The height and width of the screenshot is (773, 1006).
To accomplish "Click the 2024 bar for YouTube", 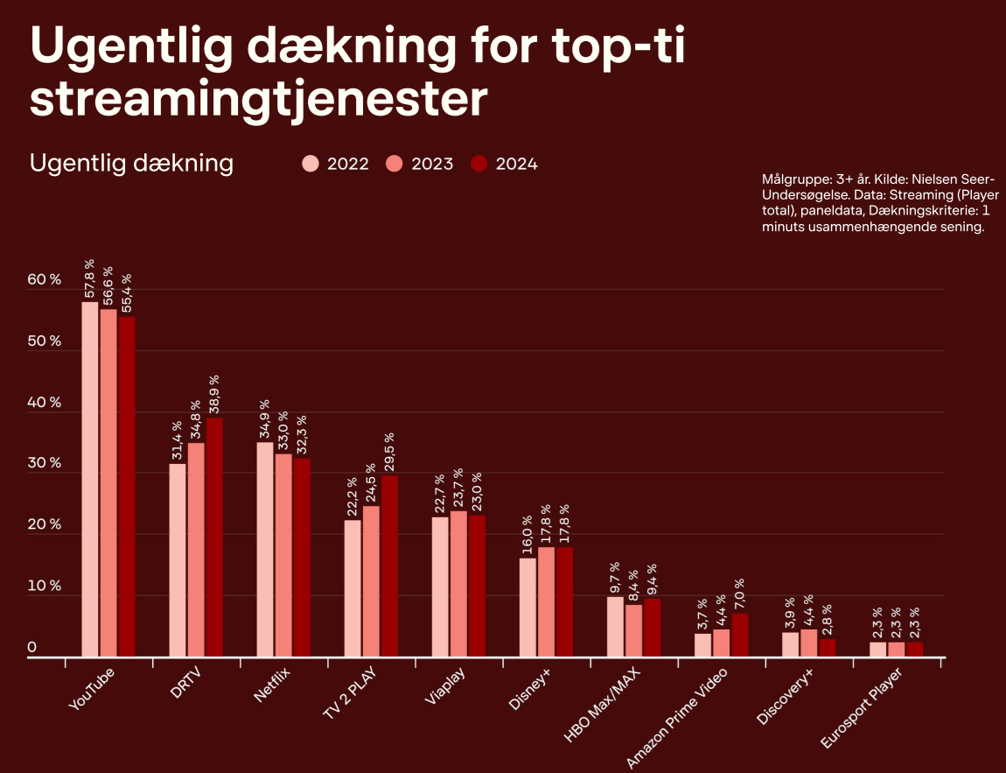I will tap(127, 486).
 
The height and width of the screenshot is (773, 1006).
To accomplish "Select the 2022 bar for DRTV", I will tap(178, 559).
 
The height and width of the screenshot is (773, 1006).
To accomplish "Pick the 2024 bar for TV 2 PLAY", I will tap(389, 566).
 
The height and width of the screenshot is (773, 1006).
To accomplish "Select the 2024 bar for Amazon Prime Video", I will tap(740, 635).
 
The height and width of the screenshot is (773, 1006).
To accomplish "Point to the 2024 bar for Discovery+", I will tap(828, 648).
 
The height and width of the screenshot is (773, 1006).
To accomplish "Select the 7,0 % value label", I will tap(740, 594).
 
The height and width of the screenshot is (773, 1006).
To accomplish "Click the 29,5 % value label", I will tap(389, 453).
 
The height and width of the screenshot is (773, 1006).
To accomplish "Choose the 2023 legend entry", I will tap(419, 164).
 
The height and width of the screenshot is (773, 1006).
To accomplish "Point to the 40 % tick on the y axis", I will tap(43, 403).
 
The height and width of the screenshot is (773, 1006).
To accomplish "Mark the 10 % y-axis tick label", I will tap(43, 586).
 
